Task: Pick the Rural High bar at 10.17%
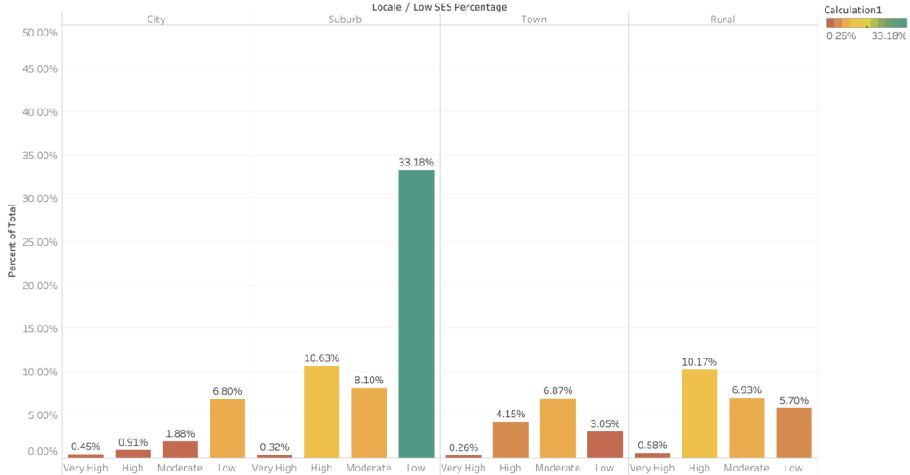(699, 414)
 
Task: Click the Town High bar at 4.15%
(510, 439)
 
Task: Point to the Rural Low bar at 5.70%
(794, 432)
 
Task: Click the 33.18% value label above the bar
(416, 163)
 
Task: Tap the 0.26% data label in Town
(463, 447)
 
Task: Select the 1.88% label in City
(180, 433)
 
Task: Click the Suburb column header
(345, 19)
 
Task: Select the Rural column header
(722, 19)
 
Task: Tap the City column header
(156, 19)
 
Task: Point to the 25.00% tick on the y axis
(38, 242)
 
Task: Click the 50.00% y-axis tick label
(38, 32)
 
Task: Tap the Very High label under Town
(463, 468)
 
